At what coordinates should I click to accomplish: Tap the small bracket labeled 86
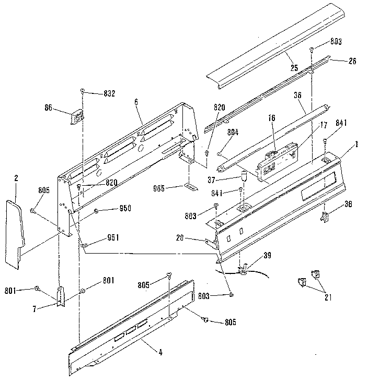(77, 117)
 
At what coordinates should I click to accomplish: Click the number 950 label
(125, 209)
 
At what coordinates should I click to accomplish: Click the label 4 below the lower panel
(160, 352)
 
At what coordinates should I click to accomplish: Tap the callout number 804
(233, 133)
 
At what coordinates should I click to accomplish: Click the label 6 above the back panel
(136, 103)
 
